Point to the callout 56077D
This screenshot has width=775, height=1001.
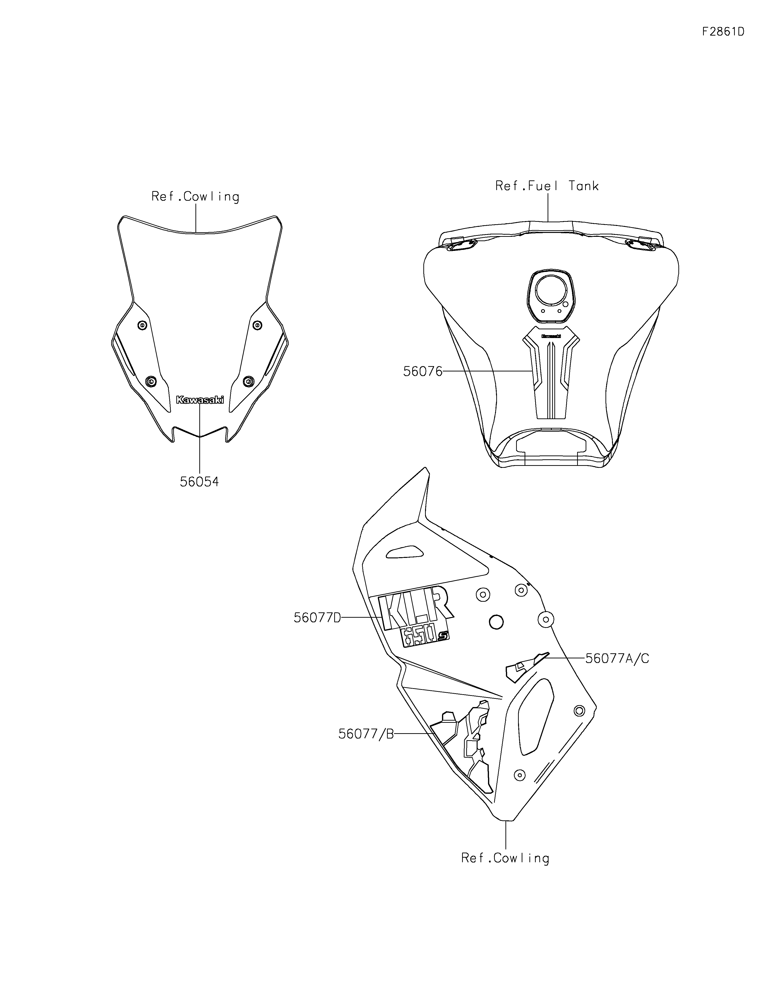click(x=317, y=618)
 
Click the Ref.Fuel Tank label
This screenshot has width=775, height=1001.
click(x=547, y=186)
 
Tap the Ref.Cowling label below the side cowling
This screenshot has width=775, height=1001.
click(x=505, y=858)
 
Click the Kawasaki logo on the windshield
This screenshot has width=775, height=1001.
click(x=200, y=400)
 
